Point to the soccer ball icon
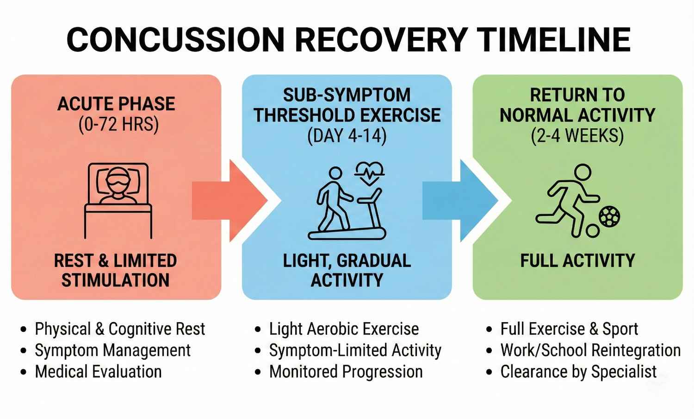(609, 216)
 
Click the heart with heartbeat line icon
(369, 173)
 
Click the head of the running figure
(582, 173)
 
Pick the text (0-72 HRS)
(118, 125)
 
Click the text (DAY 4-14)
(347, 136)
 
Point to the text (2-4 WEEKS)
(577, 136)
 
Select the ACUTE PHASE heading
(116, 104)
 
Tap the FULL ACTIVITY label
(577, 261)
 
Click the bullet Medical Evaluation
(98, 372)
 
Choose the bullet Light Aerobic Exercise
(344, 329)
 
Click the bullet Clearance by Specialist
(578, 372)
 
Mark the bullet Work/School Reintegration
(590, 350)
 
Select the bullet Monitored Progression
(346, 372)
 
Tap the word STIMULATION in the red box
(116, 280)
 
